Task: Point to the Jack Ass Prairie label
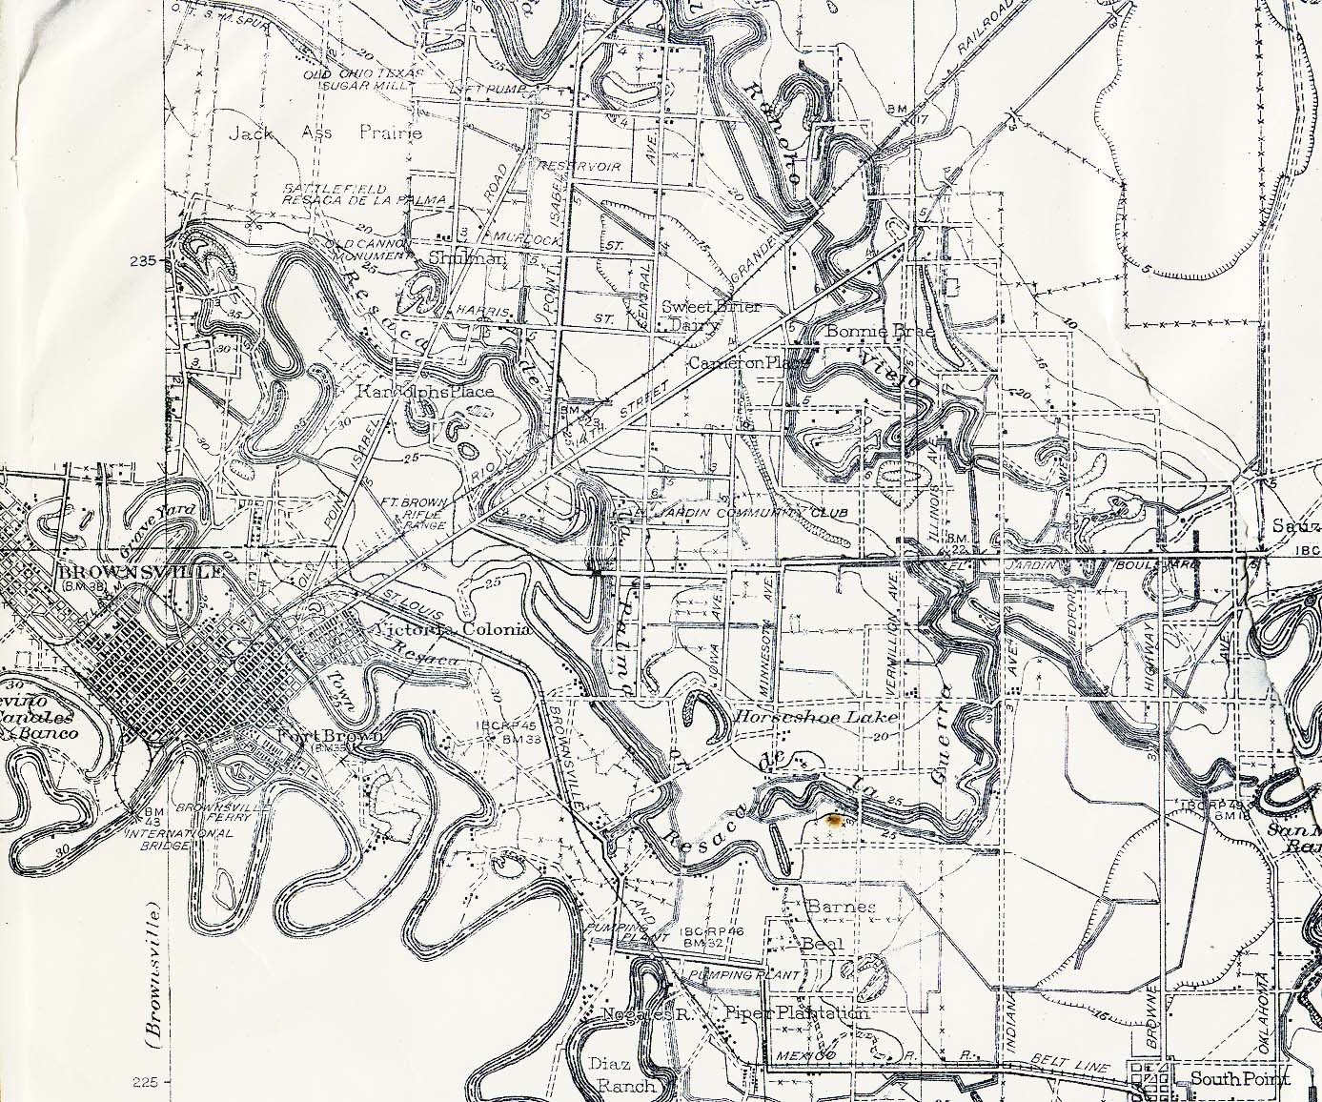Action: pos(324,134)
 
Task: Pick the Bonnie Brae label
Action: pos(865,332)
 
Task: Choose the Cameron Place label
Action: pos(748,363)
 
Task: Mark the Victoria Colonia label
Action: pos(453,631)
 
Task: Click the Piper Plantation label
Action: pos(797,1013)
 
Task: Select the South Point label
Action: pos(1240,1080)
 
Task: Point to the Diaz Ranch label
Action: pos(625,1074)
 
